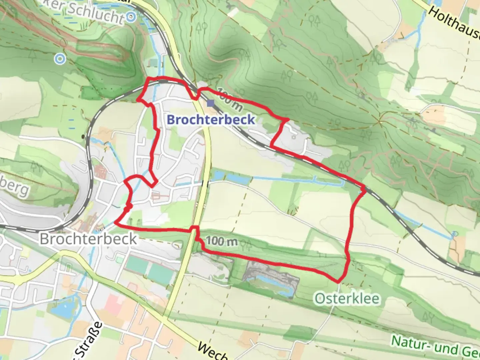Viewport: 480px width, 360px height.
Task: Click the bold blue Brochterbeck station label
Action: [211, 119]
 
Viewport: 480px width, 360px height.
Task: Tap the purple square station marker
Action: [210, 103]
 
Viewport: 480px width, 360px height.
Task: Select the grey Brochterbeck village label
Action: [88, 239]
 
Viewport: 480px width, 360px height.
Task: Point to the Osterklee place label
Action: [347, 298]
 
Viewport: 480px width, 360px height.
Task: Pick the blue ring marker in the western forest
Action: [60, 59]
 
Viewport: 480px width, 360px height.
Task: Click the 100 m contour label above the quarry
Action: [222, 241]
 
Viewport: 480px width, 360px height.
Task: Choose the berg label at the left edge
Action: [15, 188]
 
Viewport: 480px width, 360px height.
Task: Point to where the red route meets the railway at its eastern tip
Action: [364, 189]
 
